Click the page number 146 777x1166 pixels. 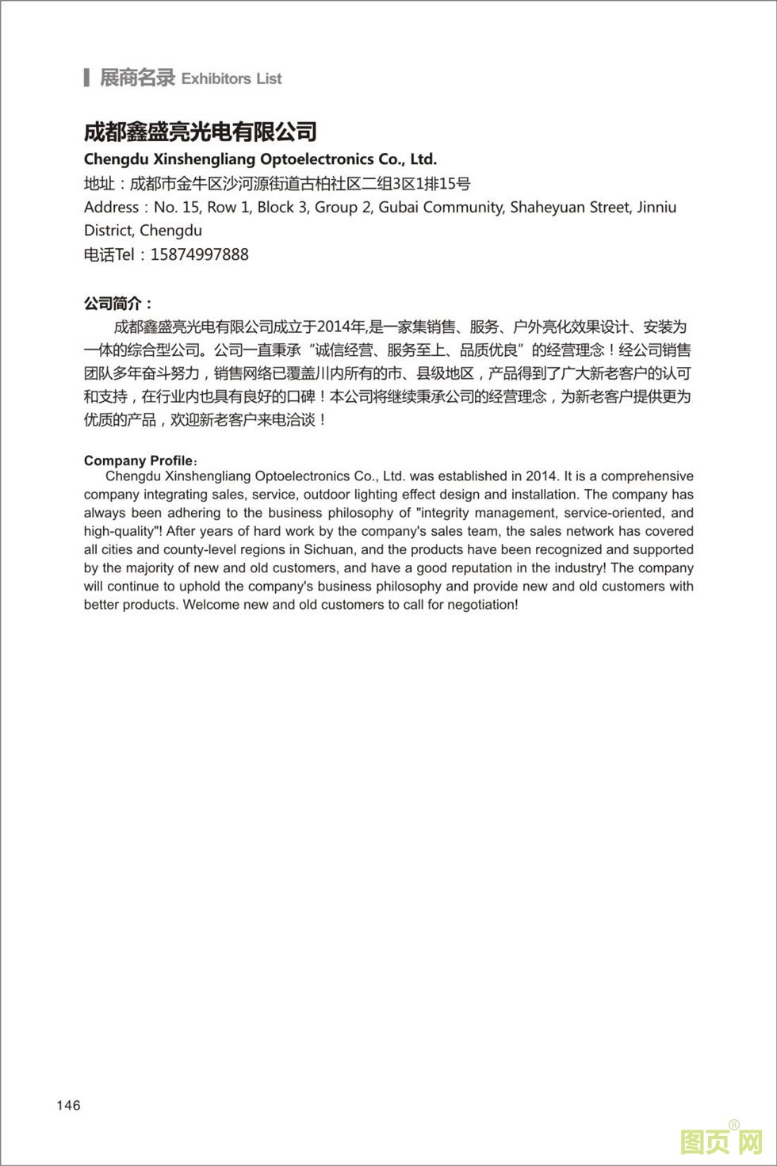68,1105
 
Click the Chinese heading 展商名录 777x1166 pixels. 137,78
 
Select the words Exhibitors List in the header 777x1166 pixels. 232,78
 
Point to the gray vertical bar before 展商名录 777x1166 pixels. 86,78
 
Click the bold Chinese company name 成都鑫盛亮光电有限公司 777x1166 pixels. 201,132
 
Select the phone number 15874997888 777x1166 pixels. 199,254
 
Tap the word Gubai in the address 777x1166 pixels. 399,207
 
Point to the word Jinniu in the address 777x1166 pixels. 653,207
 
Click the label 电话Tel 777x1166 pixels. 109,254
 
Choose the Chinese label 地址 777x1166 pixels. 99,184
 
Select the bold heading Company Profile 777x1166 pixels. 138,461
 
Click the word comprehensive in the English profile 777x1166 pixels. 647,476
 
